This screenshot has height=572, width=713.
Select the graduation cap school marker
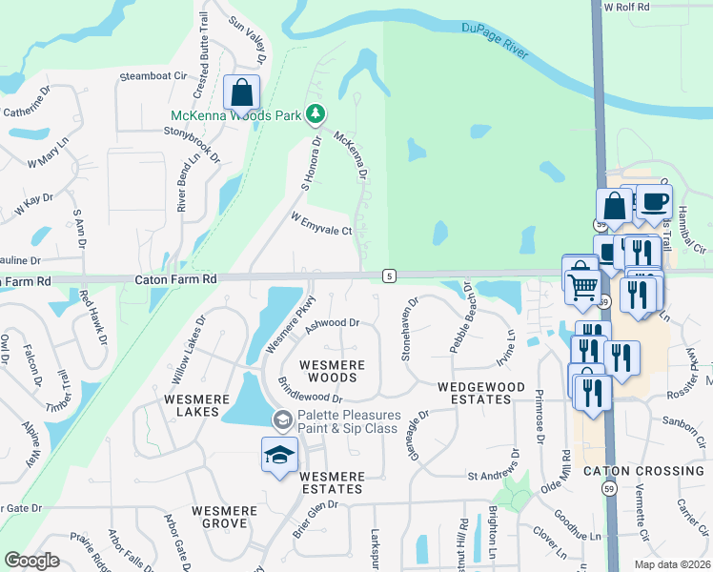pos(279,455)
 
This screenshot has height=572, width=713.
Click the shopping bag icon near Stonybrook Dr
pos(242,93)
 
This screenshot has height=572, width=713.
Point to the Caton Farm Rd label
pos(176,279)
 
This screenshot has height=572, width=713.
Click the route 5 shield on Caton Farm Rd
pos(389,276)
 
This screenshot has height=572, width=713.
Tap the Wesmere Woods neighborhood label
pos(328,371)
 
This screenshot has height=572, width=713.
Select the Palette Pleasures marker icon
pos(282,419)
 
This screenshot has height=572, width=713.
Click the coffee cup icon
pos(654,202)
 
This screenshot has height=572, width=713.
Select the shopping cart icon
pos(581,284)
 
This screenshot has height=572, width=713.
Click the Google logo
pos(31,561)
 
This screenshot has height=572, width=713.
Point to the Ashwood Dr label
pos(332,324)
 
